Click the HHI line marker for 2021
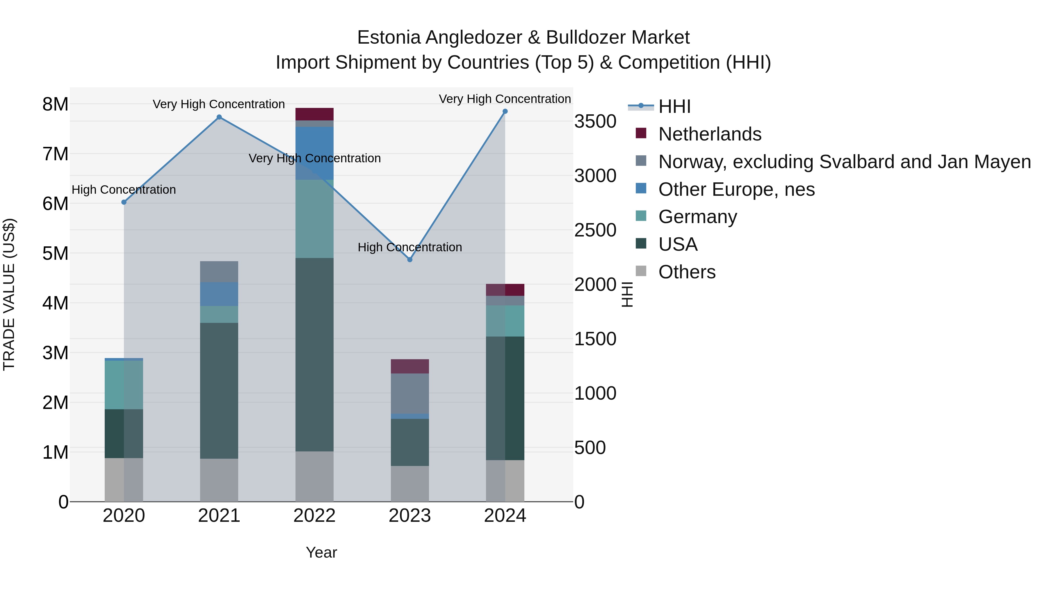click(x=219, y=117)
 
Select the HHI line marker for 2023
click(x=410, y=259)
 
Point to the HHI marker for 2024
click(x=505, y=111)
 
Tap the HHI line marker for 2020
click(x=124, y=202)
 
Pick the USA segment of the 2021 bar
click(x=219, y=390)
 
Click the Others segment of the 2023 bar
click(x=410, y=483)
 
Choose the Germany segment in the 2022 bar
click(x=314, y=219)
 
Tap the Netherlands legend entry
click(x=709, y=134)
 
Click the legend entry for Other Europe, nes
click(x=736, y=189)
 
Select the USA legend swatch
click(x=641, y=243)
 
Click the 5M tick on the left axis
click(x=55, y=253)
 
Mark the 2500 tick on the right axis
click(x=595, y=230)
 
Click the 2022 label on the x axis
click(x=314, y=516)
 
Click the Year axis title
click(x=321, y=552)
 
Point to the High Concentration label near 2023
click(x=410, y=247)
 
